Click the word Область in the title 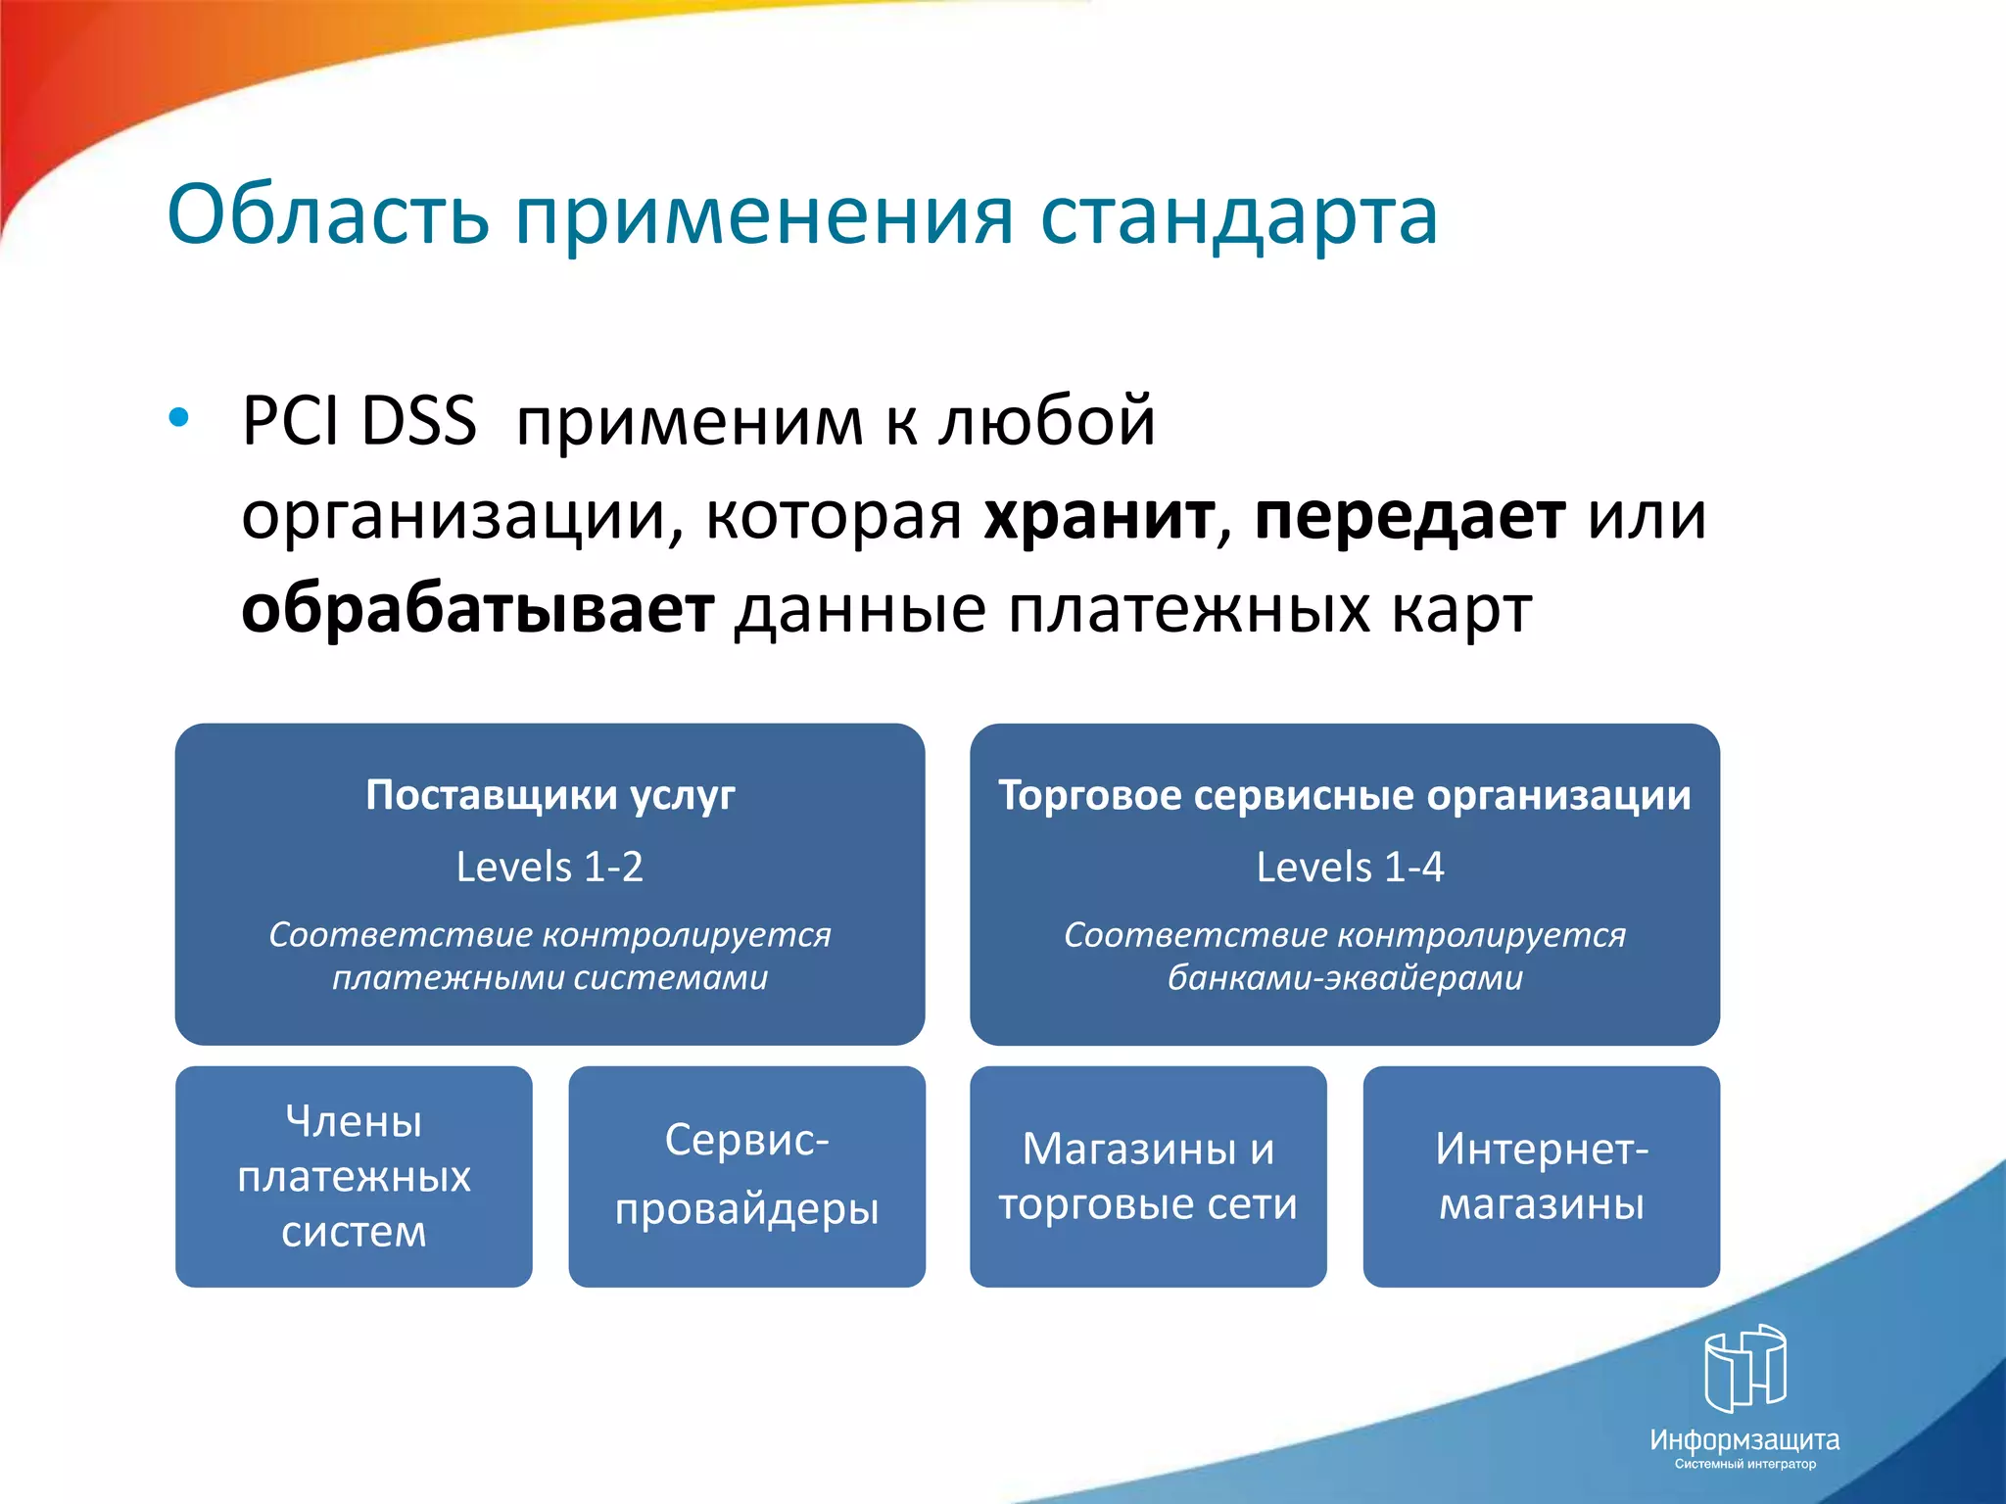(x=328, y=215)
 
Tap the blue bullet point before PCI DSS (x=178, y=418)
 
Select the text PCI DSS (x=358, y=421)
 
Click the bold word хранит (x=1098, y=515)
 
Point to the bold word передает (x=1409, y=515)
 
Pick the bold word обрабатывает (x=477, y=609)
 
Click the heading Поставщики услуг (x=549, y=795)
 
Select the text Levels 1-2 (x=549, y=868)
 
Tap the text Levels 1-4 (x=1349, y=868)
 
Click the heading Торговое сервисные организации (x=1344, y=795)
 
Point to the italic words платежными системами (x=549, y=977)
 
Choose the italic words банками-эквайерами (x=1345, y=977)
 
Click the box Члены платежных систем (x=354, y=1176)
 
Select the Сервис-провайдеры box (x=746, y=1176)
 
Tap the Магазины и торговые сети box (x=1148, y=1176)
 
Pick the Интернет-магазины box (x=1541, y=1176)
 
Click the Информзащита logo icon (x=1744, y=1368)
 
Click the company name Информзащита (x=1744, y=1439)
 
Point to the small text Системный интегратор (x=1744, y=1464)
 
